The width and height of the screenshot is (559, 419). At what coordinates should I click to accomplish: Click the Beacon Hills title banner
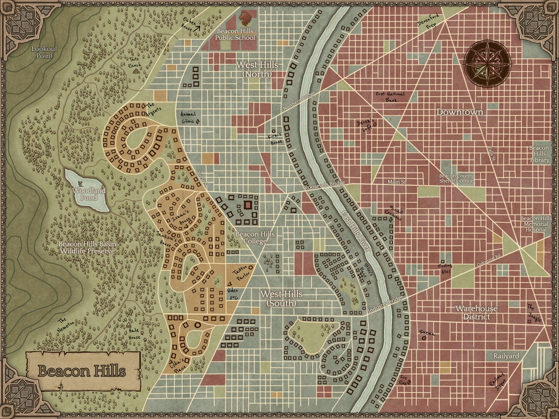pos(83,371)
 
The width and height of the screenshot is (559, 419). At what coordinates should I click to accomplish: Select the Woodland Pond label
pos(89,194)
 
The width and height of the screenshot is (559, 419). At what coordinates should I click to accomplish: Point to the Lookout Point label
pos(45,52)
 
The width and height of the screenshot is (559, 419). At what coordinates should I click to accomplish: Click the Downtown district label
pos(459,112)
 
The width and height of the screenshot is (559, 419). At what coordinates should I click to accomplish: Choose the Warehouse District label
pos(476,312)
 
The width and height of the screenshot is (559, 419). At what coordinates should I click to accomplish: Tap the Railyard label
pos(506,356)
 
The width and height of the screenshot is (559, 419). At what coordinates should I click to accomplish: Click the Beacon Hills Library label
pos(539,154)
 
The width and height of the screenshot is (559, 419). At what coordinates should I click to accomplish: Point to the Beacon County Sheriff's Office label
pos(457,178)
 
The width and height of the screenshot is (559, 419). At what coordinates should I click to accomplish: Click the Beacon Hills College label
pos(255,238)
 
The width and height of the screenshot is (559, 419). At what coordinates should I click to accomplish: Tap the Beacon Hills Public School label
pos(236,35)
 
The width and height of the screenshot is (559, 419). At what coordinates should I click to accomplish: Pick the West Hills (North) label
pos(257,69)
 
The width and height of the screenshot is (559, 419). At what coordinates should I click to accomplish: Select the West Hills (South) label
pos(281,298)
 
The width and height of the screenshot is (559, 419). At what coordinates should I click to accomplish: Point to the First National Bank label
pos(390,97)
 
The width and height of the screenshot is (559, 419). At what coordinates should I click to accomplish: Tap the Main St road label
pos(397,182)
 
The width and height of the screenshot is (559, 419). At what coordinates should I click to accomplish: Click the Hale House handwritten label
pos(134,334)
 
